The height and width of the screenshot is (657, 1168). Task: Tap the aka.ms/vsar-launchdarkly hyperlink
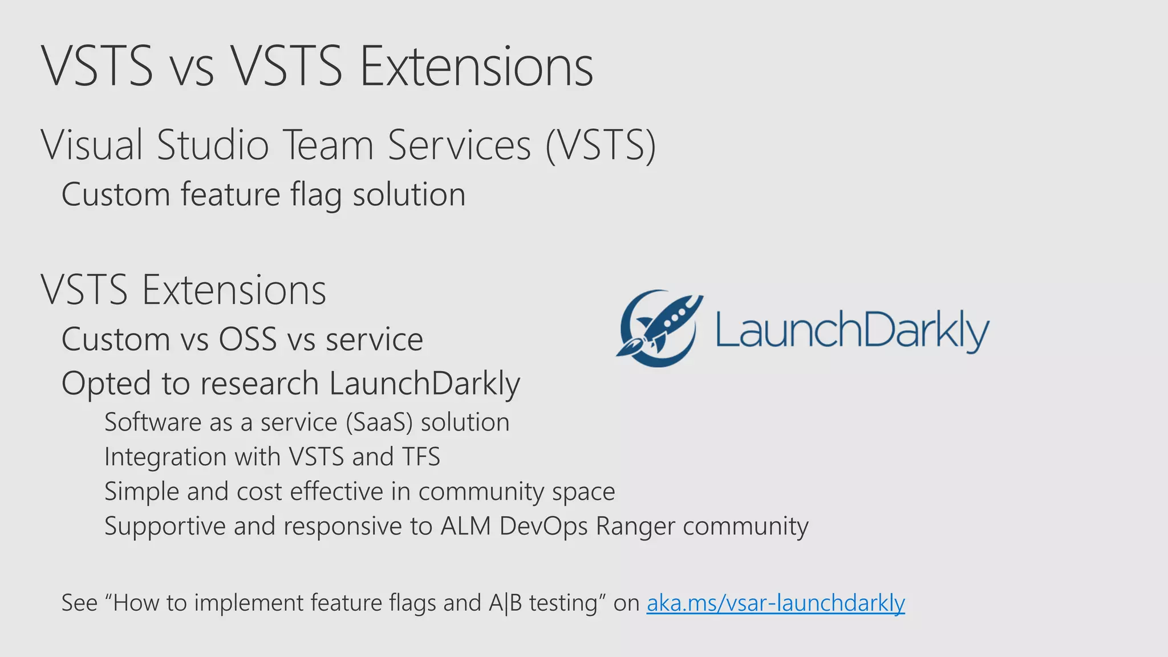point(775,603)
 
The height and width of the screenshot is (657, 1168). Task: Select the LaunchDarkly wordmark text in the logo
point(852,330)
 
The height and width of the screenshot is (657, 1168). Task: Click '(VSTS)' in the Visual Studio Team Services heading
point(600,145)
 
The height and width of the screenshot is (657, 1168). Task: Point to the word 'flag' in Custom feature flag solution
point(316,195)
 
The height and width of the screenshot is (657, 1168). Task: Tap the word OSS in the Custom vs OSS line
point(248,340)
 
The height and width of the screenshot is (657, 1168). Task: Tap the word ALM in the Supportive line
point(465,526)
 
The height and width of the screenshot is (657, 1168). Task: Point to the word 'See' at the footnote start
point(79,603)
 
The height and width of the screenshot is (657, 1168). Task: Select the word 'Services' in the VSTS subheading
point(460,145)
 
